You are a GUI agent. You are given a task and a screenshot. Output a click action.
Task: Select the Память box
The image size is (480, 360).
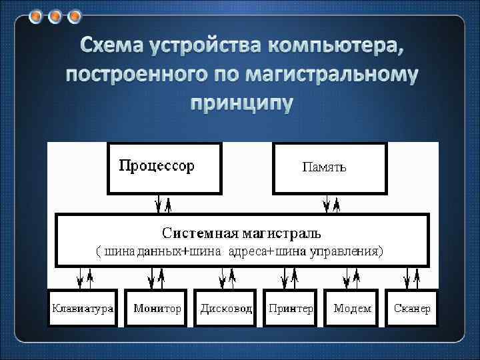point(330,168)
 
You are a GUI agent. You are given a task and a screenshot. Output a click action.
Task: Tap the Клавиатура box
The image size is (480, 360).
point(83,309)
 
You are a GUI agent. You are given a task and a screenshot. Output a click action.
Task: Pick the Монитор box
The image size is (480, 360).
point(157,309)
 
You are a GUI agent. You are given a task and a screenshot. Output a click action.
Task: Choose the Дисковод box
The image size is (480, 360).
point(226,309)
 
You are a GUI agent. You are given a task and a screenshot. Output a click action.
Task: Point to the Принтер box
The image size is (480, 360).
point(291,309)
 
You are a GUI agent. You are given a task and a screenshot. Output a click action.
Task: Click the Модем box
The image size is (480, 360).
point(352,309)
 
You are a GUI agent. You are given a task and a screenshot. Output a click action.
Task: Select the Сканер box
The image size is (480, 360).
point(412,309)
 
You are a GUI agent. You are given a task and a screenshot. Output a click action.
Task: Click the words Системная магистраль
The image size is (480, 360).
point(242,233)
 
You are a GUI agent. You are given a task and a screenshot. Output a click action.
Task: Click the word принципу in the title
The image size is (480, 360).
point(241,104)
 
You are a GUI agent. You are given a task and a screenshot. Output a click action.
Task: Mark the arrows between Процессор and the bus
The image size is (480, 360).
point(163,203)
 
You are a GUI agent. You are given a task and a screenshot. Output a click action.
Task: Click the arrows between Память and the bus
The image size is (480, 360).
point(332,203)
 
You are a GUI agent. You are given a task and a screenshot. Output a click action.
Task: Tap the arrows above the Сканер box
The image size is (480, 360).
point(412,275)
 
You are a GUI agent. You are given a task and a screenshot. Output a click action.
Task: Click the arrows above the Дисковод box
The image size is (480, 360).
point(226,275)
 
